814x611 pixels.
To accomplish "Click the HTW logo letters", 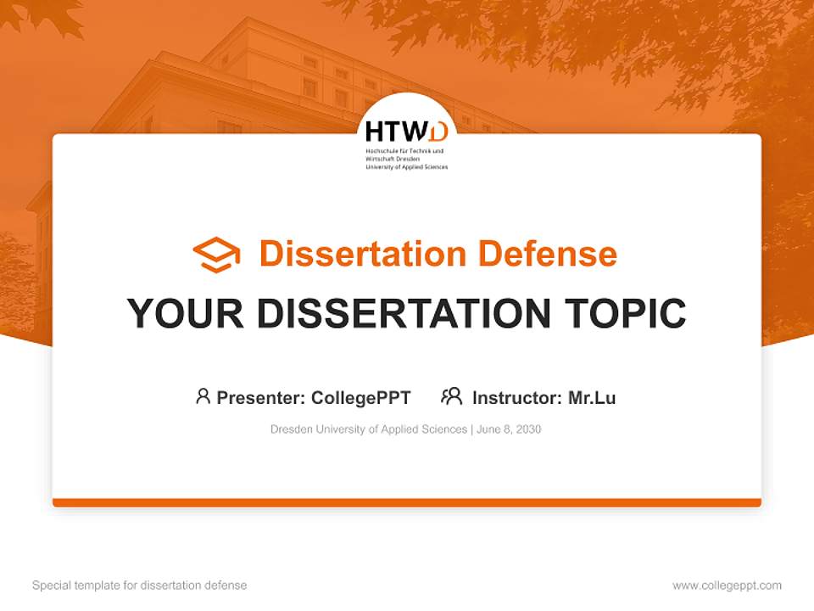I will pos(406,132).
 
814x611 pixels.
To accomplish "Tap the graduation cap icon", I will pos(216,254).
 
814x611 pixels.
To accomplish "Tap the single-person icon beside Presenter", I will pos(203,396).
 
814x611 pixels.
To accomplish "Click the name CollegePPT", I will pos(361,397).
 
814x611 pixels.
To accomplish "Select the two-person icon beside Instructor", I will pos(451,396).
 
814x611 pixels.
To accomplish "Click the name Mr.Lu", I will pos(592,397).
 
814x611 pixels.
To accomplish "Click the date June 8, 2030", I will pos(509,429).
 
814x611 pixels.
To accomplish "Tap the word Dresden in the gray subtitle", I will pos(292,429).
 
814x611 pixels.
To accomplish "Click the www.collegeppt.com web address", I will pos(727,586).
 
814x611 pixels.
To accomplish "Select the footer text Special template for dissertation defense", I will pos(140,586).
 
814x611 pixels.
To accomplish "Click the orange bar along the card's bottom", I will pos(407,502).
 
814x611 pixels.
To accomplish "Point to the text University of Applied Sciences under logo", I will pos(406,167).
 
